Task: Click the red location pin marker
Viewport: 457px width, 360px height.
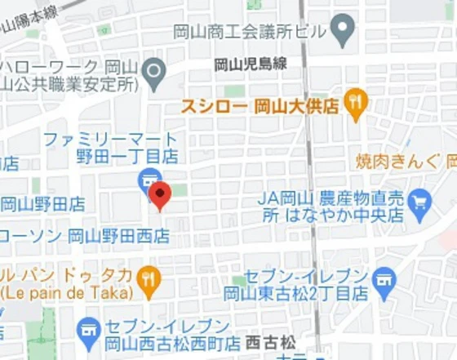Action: (x=159, y=195)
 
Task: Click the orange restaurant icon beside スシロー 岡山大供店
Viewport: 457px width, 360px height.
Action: (x=356, y=103)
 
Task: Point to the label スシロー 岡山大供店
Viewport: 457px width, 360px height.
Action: (x=259, y=105)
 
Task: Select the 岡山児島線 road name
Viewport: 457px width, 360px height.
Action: (x=251, y=64)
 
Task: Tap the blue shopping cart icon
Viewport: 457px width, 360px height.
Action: (x=420, y=200)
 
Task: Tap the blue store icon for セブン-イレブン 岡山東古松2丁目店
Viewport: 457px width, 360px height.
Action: (x=384, y=282)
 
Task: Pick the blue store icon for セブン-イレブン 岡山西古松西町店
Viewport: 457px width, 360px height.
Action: (x=87, y=331)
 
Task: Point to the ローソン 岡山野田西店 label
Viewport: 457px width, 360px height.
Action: (x=85, y=237)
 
